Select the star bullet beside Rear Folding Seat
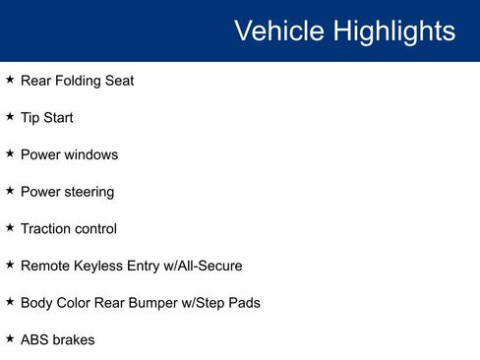tap(10, 80)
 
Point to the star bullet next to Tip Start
tap(10, 117)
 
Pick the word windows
tap(91, 154)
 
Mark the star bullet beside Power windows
tap(10, 153)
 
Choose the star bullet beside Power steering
tap(10, 191)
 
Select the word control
tap(95, 228)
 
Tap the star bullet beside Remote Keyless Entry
tap(10, 265)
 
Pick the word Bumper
tap(157, 303)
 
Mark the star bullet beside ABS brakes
tap(10, 338)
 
